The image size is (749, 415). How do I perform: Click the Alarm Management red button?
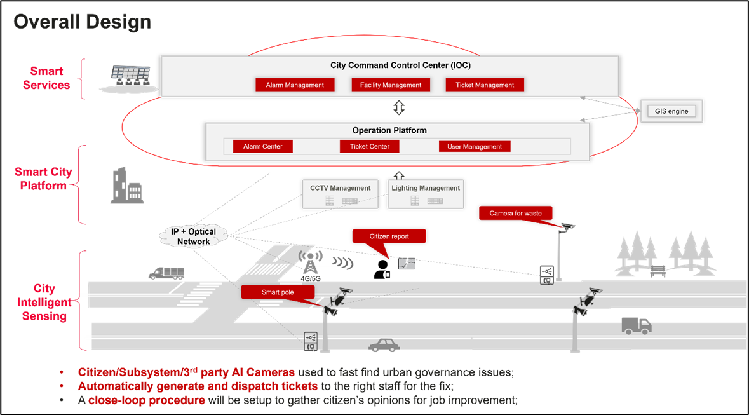295,85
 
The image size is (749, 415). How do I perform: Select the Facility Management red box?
391,85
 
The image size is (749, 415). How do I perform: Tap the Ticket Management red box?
485,85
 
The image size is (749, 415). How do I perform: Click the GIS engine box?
671,111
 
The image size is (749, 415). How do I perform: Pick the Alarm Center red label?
262,147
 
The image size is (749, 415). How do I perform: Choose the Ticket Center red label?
370,147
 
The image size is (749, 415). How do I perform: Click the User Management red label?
475,147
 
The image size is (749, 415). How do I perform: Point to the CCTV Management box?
340,194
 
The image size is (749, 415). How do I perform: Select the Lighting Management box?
426,194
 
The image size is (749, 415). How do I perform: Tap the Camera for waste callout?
515,214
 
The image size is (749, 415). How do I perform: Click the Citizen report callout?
389,236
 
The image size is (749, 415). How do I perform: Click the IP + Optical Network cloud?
194,236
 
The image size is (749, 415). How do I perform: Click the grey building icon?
126,186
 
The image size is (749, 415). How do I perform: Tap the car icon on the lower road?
384,345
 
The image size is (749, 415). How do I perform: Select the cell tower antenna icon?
310,264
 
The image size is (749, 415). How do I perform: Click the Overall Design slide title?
83,22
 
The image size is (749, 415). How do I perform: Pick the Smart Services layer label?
46,79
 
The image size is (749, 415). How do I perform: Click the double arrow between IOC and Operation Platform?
398,108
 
